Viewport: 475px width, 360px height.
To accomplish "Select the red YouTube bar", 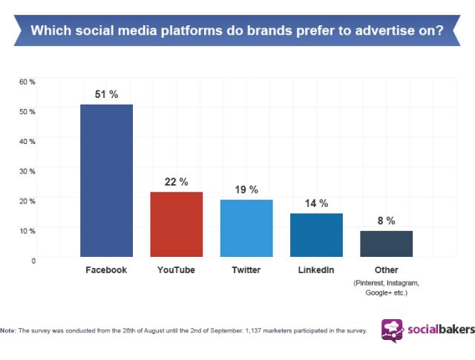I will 177,224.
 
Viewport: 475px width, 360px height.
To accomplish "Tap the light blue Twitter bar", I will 246,229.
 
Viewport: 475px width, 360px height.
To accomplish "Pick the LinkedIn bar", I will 316,235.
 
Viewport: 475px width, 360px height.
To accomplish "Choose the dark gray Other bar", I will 386,244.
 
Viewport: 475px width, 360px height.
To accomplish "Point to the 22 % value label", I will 177,181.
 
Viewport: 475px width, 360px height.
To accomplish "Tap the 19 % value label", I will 246,190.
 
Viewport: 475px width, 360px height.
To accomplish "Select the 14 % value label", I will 316,203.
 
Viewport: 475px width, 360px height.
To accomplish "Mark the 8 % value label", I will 386,220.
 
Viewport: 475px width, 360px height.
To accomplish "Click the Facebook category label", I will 106,269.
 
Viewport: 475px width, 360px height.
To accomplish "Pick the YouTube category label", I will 177,269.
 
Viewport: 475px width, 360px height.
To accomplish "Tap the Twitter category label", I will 246,269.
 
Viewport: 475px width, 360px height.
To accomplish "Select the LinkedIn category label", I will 316,269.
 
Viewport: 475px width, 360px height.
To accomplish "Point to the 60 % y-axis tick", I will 27,81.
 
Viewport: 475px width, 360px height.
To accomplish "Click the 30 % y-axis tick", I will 27,171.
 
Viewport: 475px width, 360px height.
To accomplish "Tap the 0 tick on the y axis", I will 33,261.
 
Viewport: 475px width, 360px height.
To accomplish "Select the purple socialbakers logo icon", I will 393,330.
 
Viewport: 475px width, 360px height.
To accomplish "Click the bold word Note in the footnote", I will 9,330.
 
